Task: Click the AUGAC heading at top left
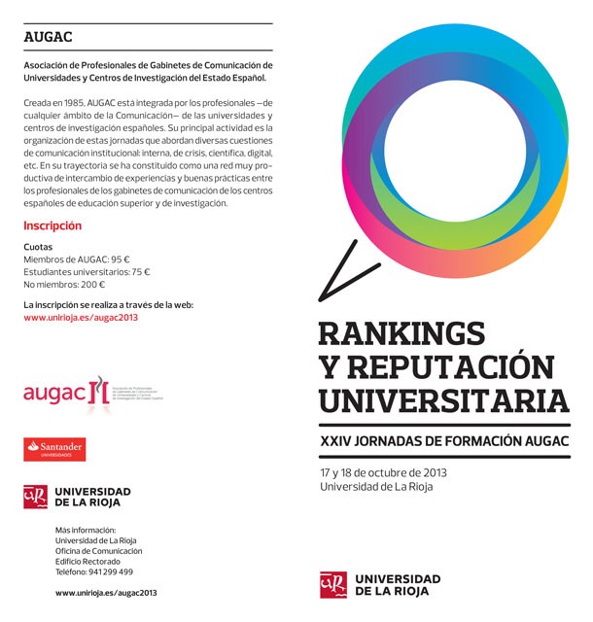tap(49, 39)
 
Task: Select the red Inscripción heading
tap(52, 225)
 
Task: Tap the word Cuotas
tap(38, 247)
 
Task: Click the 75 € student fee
tap(140, 272)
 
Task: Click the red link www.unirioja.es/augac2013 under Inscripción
tap(80, 317)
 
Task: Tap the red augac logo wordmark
tap(52, 392)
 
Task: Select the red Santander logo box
tap(55, 448)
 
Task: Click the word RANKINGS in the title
tap(401, 334)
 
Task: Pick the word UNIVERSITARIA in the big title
tap(443, 399)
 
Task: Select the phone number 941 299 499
tap(112, 571)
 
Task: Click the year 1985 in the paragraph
tap(72, 101)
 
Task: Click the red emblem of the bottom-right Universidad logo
tap(333, 584)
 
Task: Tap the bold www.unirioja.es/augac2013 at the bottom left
tap(106, 592)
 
